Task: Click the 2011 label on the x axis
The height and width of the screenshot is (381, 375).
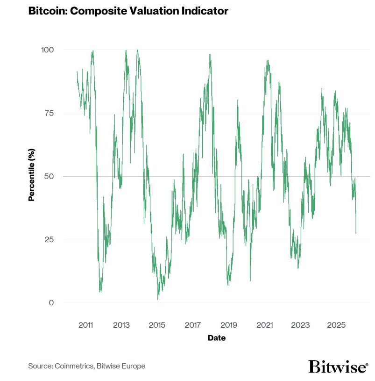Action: [x=86, y=325]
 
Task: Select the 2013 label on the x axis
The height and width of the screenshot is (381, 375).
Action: [x=121, y=325]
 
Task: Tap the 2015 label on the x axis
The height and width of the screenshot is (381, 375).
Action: [x=157, y=325]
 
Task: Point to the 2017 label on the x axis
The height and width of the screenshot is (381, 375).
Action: [x=193, y=325]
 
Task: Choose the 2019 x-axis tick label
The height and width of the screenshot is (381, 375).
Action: [x=229, y=325]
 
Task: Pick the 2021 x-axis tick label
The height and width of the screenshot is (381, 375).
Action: [x=265, y=325]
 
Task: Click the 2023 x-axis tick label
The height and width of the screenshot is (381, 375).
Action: [x=300, y=325]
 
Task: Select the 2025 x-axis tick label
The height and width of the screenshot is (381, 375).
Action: [x=336, y=325]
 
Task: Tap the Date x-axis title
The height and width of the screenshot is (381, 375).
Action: [x=216, y=338]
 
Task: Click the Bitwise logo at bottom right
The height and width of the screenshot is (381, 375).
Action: [x=338, y=367]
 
